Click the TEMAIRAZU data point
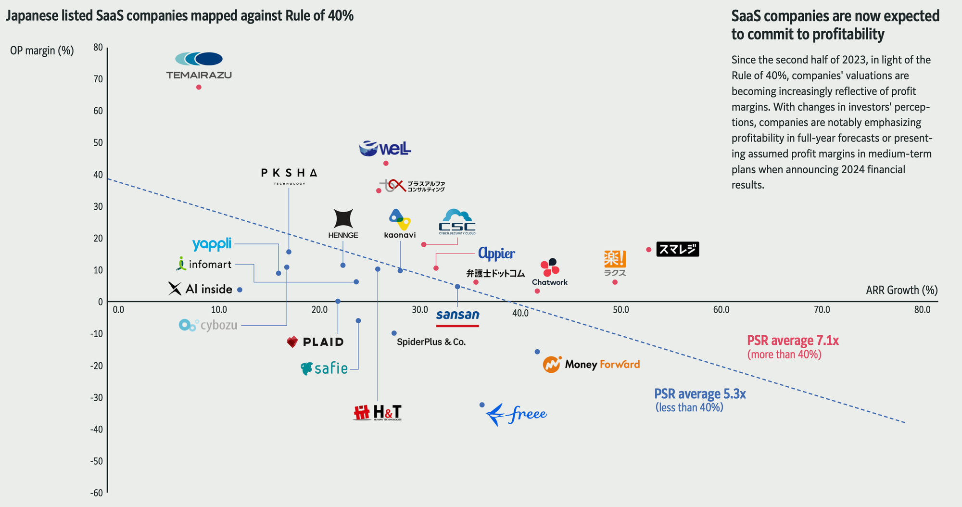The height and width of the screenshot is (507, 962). [199, 87]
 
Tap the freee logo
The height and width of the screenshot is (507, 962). [516, 414]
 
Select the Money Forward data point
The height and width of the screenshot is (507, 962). [537, 352]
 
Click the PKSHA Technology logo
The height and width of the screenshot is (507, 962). [289, 176]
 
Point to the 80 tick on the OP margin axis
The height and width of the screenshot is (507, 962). [98, 47]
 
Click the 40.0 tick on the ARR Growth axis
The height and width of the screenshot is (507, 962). [520, 313]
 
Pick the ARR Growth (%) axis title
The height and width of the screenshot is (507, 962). [901, 290]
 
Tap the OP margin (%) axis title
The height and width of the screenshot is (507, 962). [42, 51]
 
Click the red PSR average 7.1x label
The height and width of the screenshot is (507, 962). [793, 341]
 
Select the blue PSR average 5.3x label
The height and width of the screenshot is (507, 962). [700, 394]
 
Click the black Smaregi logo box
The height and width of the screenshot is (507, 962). [677, 249]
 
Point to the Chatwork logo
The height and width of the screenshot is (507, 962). [550, 272]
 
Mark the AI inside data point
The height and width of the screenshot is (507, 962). [240, 290]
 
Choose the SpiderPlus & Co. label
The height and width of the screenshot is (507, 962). [431, 342]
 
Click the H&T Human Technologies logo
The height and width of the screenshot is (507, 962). [378, 413]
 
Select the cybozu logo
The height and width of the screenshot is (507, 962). [208, 326]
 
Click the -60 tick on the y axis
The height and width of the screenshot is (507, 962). [96, 493]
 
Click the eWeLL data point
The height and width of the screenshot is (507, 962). [386, 164]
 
